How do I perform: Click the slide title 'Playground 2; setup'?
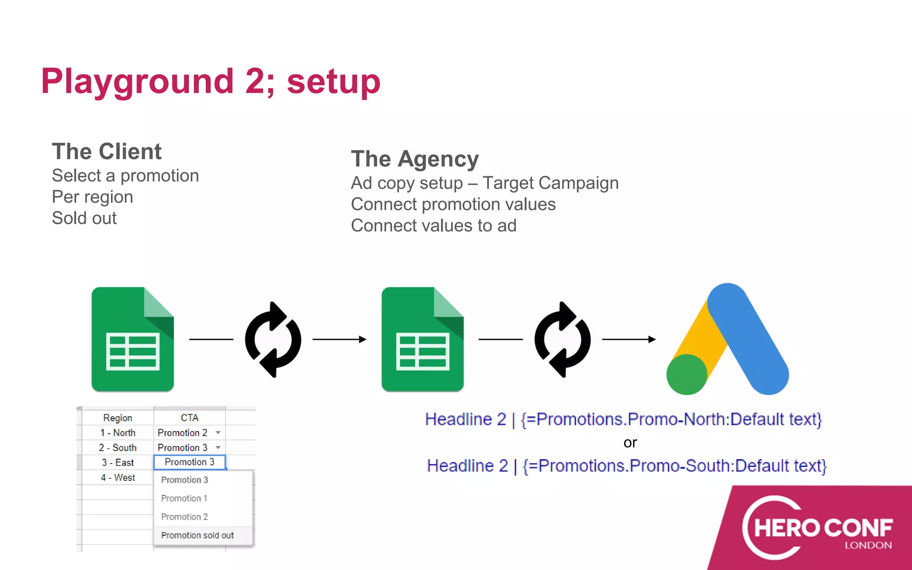tap(211, 81)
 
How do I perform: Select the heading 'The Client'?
tap(106, 151)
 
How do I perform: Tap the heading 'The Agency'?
tap(415, 159)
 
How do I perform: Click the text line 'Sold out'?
tap(84, 218)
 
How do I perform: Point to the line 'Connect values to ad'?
tap(433, 226)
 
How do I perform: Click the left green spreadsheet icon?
tap(133, 339)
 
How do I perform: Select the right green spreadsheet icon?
tap(423, 339)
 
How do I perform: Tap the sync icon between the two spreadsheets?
tap(273, 339)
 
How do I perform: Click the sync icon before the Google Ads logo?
tap(562, 339)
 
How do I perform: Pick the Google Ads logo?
tap(728, 339)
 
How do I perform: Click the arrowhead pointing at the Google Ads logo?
tap(652, 339)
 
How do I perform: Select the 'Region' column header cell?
tap(118, 418)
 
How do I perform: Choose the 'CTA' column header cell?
tap(190, 418)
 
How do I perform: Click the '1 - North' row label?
tap(118, 433)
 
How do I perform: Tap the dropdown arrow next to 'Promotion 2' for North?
tap(218, 432)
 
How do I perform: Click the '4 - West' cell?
tap(118, 477)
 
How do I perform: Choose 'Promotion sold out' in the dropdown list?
tap(197, 535)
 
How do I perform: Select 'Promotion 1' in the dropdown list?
tap(184, 498)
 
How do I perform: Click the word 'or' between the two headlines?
tap(630, 443)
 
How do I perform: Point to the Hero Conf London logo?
tap(818, 528)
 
